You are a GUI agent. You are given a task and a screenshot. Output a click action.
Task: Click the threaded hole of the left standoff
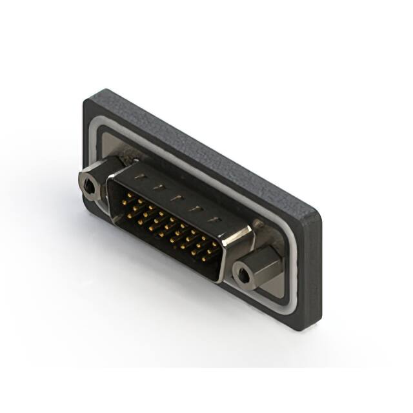88,186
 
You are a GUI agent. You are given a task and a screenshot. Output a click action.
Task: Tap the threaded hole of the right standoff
243,276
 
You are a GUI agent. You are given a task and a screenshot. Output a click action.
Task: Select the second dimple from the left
156,185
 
